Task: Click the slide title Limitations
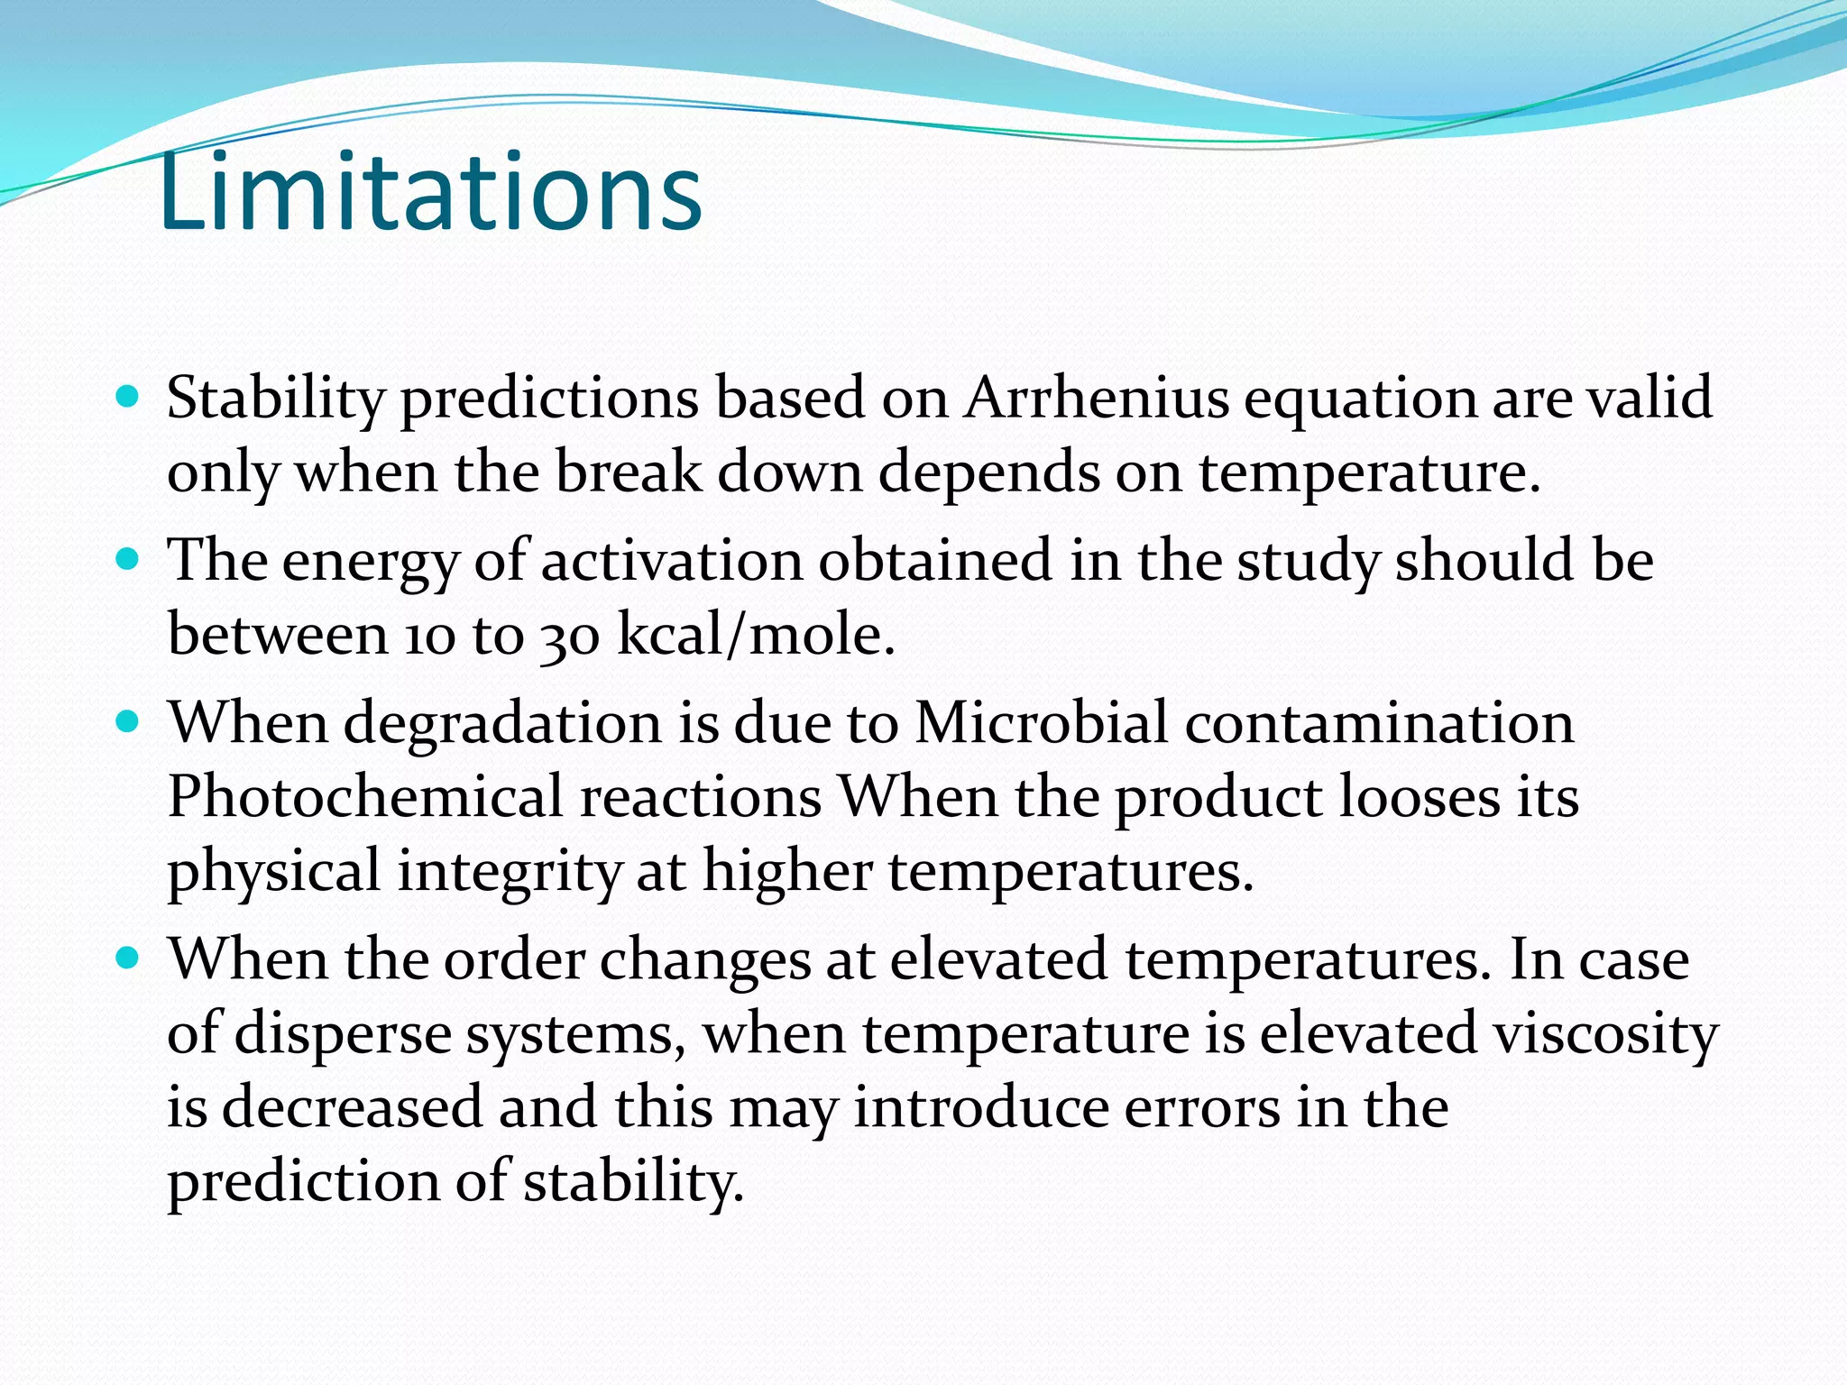[x=430, y=192]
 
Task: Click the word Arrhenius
[x=1096, y=398]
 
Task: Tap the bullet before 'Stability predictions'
[x=129, y=396]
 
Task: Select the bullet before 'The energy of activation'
[x=129, y=559]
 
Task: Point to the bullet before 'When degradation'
[x=129, y=722]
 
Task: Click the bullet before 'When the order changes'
[x=129, y=958]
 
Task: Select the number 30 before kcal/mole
[x=570, y=636]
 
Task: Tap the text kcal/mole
[x=756, y=636]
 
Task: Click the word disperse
[x=343, y=1033]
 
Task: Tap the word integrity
[x=510, y=872]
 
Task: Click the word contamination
[x=1379, y=723]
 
